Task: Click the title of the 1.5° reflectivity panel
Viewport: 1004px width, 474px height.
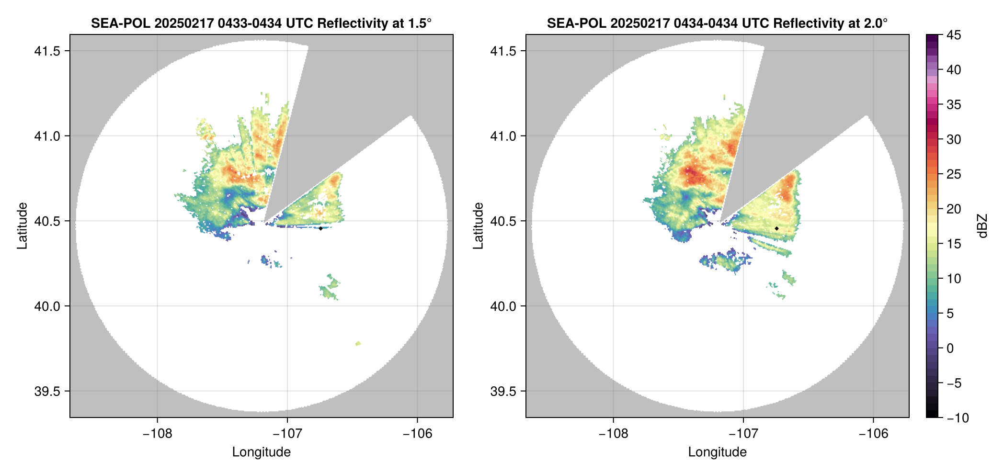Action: pos(261,23)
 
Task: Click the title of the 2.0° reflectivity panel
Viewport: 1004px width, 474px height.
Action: pos(717,23)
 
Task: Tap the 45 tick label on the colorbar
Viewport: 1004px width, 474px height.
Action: pos(954,35)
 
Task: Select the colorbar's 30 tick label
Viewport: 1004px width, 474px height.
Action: pos(954,140)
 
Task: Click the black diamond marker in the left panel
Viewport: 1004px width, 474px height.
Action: pos(320,228)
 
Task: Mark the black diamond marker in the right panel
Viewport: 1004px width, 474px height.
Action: pos(776,228)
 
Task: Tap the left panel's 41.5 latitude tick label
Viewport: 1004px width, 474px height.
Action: pos(47,51)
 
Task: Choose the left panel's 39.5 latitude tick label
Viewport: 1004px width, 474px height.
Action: pos(47,391)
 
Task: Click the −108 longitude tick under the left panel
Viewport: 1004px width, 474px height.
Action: pos(157,434)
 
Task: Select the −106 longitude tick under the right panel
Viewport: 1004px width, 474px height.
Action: pos(873,434)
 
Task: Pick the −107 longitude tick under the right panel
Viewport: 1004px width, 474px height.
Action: pos(743,434)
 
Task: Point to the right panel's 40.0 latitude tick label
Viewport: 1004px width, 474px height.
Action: pos(503,306)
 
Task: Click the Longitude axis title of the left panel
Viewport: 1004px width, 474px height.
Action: pos(261,452)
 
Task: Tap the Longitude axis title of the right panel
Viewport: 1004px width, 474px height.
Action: pos(717,452)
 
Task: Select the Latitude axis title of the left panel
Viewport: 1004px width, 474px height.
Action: pos(22,226)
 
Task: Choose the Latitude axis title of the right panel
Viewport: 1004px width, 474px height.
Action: pos(478,226)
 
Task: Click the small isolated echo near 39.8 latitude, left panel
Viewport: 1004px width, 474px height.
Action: pos(358,343)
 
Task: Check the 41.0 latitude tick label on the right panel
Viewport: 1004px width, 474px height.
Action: pos(503,136)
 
